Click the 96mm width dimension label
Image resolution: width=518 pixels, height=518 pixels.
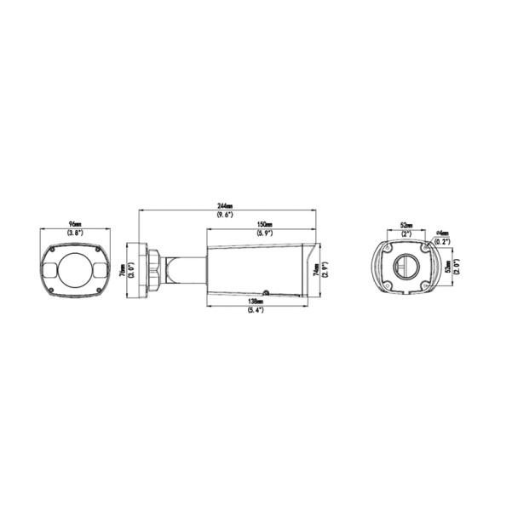(x=75, y=226)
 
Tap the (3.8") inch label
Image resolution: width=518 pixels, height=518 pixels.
(x=75, y=233)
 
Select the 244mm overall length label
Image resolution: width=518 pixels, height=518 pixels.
(x=226, y=207)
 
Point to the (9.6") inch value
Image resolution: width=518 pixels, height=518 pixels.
(x=226, y=215)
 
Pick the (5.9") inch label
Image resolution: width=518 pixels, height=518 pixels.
(x=265, y=233)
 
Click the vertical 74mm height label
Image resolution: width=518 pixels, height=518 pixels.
(x=315, y=270)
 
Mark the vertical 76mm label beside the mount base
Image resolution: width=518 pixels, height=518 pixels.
(x=123, y=270)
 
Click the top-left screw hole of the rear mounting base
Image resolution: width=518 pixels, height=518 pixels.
(x=388, y=249)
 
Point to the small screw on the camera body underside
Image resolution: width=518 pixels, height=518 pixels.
(x=267, y=292)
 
